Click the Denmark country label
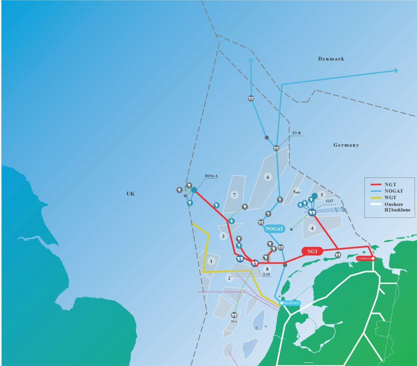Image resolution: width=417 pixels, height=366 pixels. click(331, 59)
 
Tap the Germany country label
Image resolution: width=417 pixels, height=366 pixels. click(346, 145)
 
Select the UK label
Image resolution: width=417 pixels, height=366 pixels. click(131, 193)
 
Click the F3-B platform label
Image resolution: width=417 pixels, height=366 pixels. click(296, 133)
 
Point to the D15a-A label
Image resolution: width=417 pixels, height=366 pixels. click(211, 176)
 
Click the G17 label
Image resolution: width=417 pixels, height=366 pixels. click(329, 201)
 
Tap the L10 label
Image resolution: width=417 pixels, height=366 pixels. click(266, 274)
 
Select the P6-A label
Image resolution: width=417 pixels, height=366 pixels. click(234, 322)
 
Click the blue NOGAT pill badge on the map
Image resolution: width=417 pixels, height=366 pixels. click(274, 229)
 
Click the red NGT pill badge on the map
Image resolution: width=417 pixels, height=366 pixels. click(313, 251)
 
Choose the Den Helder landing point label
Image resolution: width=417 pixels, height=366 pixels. click(291, 303)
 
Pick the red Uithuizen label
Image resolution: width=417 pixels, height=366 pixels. click(365, 258)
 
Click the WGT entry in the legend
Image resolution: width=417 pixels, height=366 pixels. click(390, 198)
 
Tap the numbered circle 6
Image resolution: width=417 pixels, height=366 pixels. click(268, 177)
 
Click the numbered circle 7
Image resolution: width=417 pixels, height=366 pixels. click(234, 195)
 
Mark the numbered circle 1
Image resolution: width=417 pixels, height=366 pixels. click(211, 261)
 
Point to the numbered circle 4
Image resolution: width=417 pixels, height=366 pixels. click(312, 228)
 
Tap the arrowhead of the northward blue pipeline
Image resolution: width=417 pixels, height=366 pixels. click(251, 60)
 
